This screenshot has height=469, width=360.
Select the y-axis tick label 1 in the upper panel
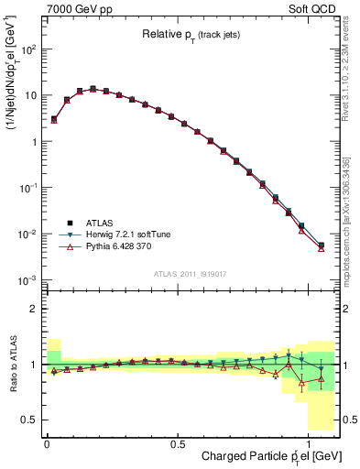point(34,142)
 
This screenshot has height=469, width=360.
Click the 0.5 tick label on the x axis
point(176,443)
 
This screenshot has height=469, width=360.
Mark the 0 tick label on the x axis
point(47,443)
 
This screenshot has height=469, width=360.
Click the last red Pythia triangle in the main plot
point(321,248)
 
